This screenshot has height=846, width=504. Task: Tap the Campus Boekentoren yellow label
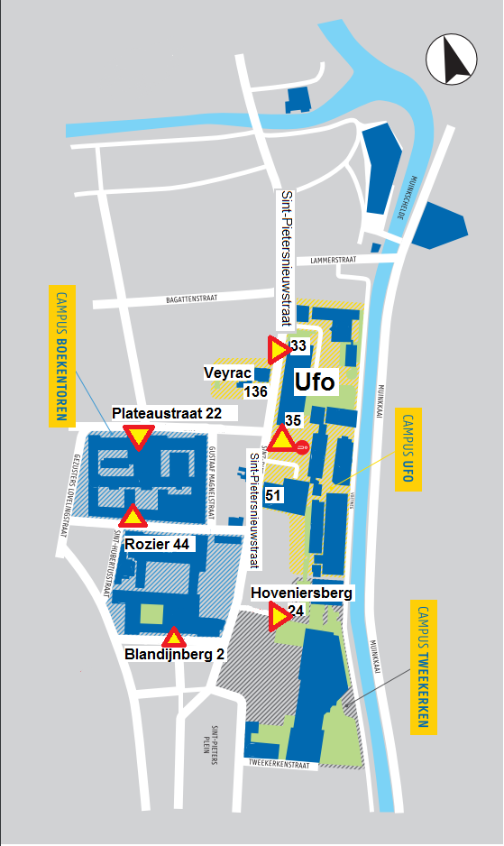point(62,355)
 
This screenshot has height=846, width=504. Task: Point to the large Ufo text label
point(314,381)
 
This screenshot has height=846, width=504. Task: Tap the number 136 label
point(256,391)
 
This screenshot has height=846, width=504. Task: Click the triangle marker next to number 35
point(281,440)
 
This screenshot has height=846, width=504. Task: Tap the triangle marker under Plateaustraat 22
point(138,438)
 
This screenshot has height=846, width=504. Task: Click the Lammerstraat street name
point(333,260)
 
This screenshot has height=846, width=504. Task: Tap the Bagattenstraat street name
point(194,297)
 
